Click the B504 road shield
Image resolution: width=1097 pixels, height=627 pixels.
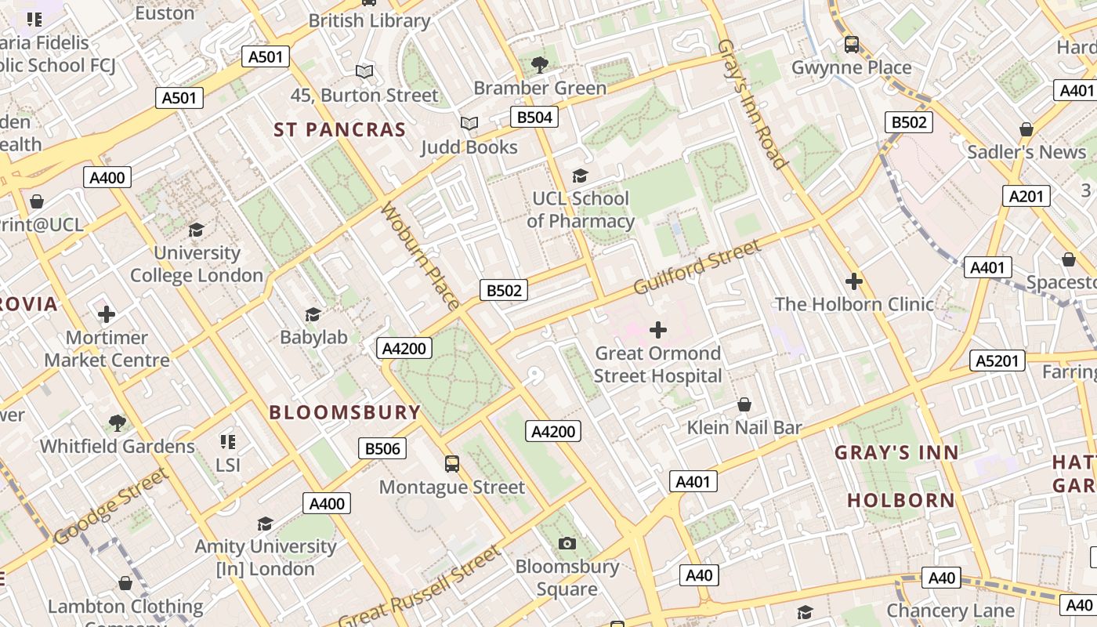tap(535, 118)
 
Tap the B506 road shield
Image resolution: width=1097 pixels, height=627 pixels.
tap(383, 448)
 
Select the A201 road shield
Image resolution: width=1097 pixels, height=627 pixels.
tap(1026, 196)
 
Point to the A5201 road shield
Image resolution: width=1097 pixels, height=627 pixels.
tap(997, 361)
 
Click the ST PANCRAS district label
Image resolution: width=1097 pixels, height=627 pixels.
tap(340, 130)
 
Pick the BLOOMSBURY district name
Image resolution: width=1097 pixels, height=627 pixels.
tap(345, 412)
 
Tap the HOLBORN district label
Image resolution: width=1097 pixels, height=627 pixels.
tap(901, 500)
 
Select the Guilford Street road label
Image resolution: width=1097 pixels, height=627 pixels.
tap(697, 267)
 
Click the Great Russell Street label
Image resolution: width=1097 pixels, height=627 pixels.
tap(419, 586)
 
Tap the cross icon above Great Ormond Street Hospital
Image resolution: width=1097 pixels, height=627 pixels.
tap(658, 330)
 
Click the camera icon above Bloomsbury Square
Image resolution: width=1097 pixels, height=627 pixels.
tap(567, 543)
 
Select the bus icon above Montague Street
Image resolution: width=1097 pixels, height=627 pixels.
tap(452, 463)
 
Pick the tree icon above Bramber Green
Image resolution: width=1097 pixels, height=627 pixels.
tap(540, 64)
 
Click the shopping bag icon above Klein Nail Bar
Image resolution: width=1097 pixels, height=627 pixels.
tap(744, 404)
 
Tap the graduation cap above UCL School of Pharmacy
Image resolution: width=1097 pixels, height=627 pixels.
tap(580, 176)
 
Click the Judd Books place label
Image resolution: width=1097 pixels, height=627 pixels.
tap(469, 147)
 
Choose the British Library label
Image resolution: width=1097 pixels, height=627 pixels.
tap(369, 21)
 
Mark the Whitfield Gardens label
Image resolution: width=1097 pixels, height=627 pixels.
tap(118, 446)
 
